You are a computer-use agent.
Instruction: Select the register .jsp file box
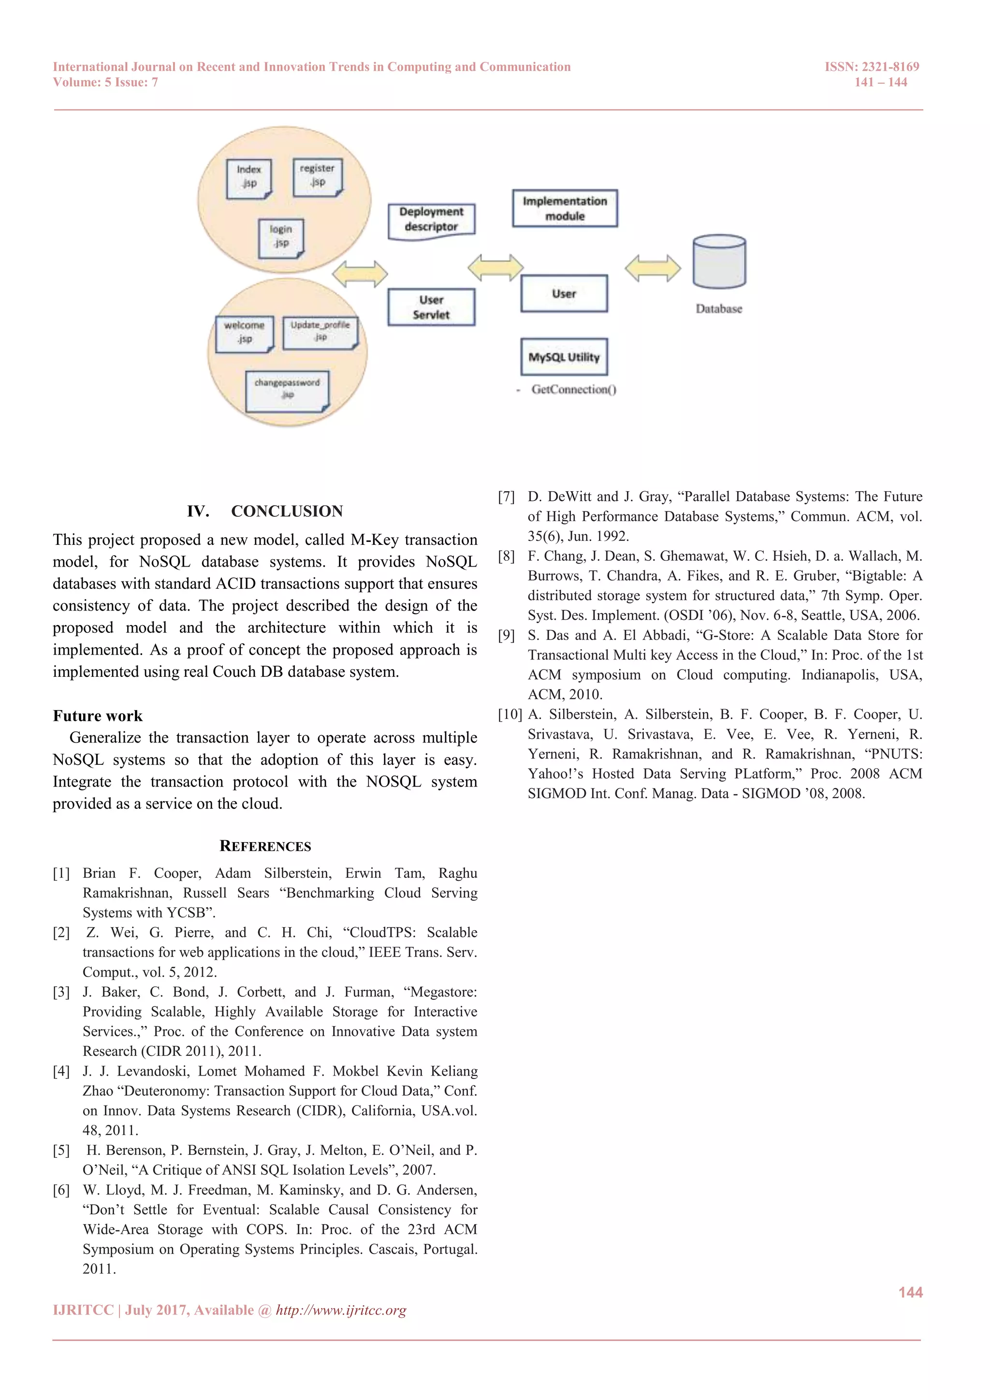pyautogui.click(x=317, y=176)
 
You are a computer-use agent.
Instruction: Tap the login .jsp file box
pyautogui.click(x=280, y=237)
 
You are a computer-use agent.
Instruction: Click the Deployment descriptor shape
pyautogui.click(x=431, y=220)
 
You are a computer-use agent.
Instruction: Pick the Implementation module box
pyautogui.click(x=565, y=208)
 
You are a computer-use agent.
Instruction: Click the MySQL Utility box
pyautogui.click(x=564, y=357)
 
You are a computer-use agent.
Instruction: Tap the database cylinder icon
pyautogui.click(x=719, y=262)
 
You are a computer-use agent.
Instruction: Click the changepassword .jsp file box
pyautogui.click(x=287, y=390)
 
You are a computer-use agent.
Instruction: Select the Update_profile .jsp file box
pyautogui.click(x=320, y=332)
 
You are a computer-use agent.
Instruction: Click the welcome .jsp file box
pyautogui.click(x=245, y=334)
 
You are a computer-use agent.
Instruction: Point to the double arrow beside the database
pyautogui.click(x=653, y=268)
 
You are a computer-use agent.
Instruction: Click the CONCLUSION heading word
pyautogui.click(x=287, y=511)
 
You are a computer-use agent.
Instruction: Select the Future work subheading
pyautogui.click(x=98, y=716)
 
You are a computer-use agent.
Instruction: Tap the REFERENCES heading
pyautogui.click(x=265, y=846)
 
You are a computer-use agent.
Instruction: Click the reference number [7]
pyautogui.click(x=506, y=497)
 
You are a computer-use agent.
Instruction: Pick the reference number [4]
pyautogui.click(x=61, y=1071)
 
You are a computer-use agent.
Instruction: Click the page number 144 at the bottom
pyautogui.click(x=910, y=1293)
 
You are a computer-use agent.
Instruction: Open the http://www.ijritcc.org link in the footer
pyautogui.click(x=341, y=1311)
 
